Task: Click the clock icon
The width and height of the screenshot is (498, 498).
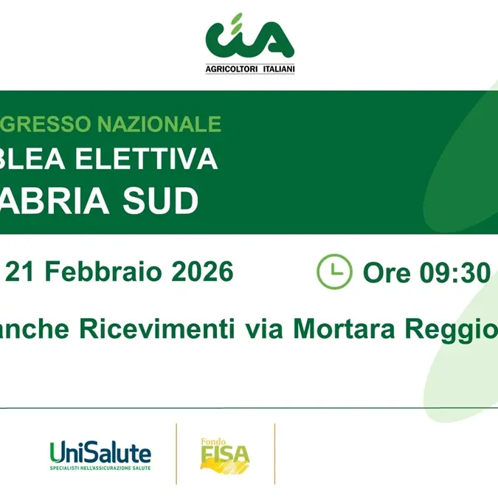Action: click(334, 272)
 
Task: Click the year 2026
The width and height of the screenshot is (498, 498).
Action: click(203, 272)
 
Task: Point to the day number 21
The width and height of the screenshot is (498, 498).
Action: click(21, 272)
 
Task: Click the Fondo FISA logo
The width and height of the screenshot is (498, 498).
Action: click(225, 455)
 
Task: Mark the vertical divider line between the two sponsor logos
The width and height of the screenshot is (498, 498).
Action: click(176, 454)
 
